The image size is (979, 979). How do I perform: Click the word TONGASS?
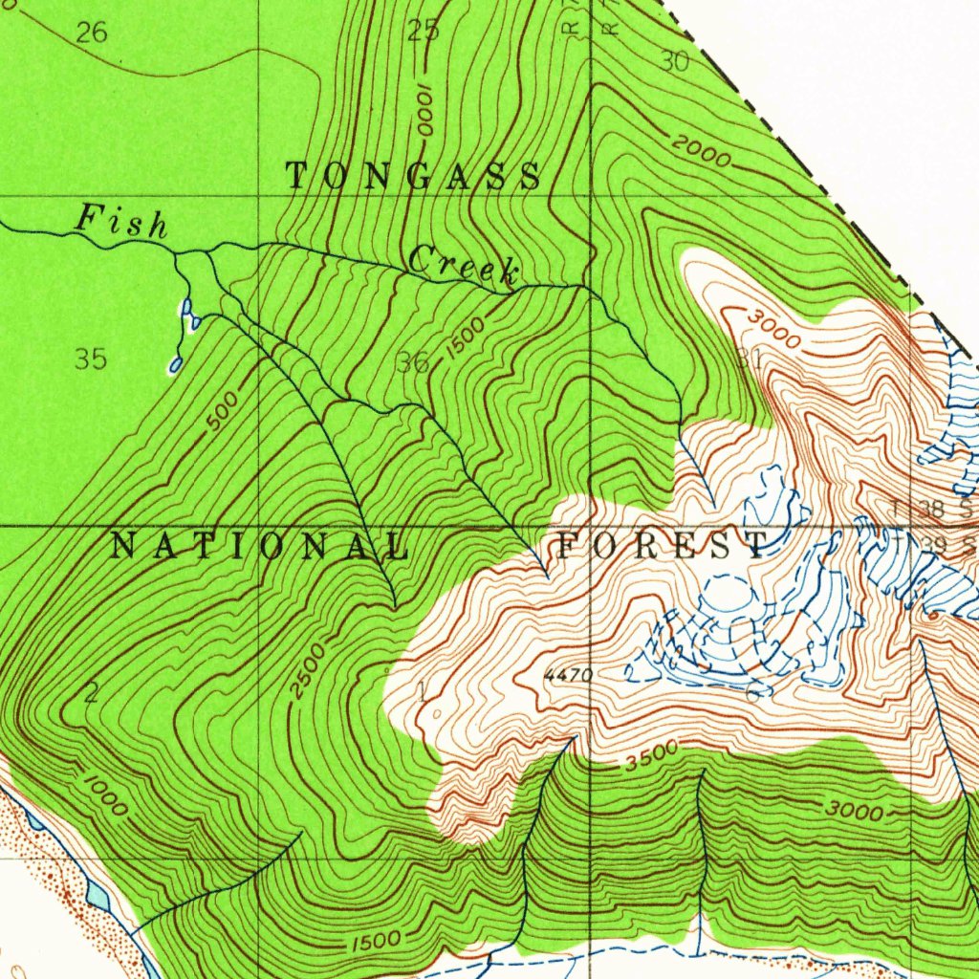pos(414,177)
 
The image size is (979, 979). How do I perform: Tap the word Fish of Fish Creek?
pos(121,222)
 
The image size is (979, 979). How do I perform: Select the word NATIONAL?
pos(260,547)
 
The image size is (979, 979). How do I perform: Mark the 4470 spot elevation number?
pos(568,676)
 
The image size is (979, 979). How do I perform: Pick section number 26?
pos(92,33)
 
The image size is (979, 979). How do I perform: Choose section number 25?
pos(424,32)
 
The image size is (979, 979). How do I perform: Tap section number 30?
pos(674,61)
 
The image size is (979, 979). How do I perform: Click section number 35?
pos(91,359)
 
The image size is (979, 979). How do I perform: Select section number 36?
pos(413,362)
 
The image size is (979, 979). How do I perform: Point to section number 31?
pos(749,359)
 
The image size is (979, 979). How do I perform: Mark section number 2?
pos(91,694)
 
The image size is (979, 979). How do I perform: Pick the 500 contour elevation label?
pos(223,414)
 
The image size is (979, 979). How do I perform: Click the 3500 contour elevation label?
pos(652,756)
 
